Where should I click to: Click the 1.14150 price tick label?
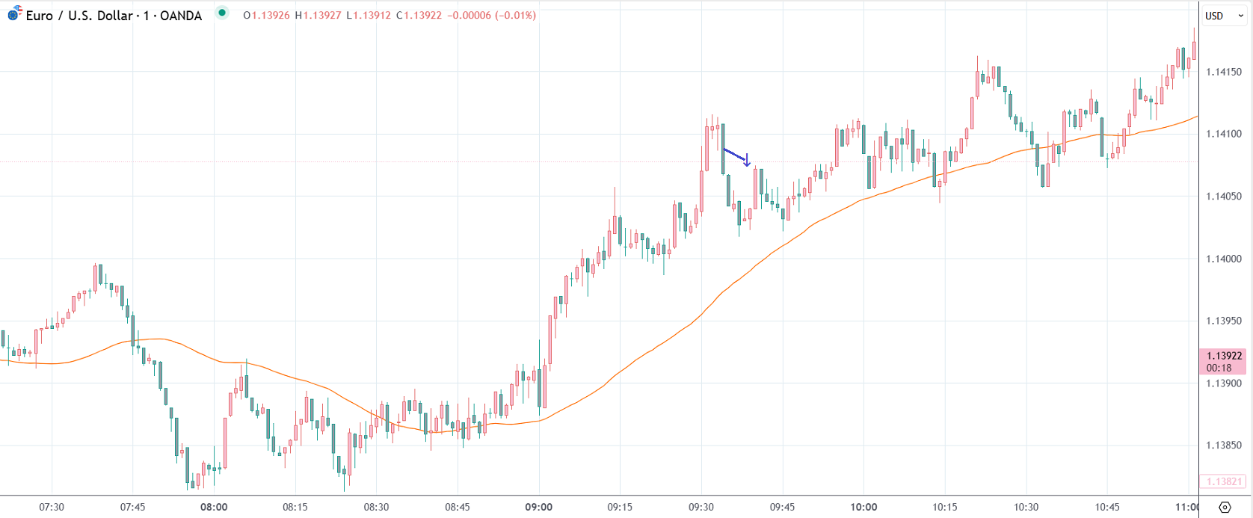pos(1224,72)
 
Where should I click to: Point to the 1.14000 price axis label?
pos(1224,259)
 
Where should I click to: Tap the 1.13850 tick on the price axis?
pos(1224,445)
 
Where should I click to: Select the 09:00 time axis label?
pos(538,507)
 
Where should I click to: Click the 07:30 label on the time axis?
pos(52,507)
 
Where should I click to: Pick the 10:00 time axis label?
pos(863,507)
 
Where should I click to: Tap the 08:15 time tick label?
pos(295,507)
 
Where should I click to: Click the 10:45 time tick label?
pos(1107,507)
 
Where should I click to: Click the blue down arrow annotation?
pos(746,160)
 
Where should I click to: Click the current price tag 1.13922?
pos(1224,356)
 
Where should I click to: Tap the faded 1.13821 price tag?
pos(1224,482)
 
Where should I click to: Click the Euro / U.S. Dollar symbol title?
pos(78,16)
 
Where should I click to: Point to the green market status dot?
pos(222,13)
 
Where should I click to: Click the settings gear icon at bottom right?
pos(1225,508)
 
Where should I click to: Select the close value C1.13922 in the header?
pos(419,15)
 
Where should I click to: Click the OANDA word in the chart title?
pos(181,16)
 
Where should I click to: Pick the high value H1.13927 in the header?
pos(318,15)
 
